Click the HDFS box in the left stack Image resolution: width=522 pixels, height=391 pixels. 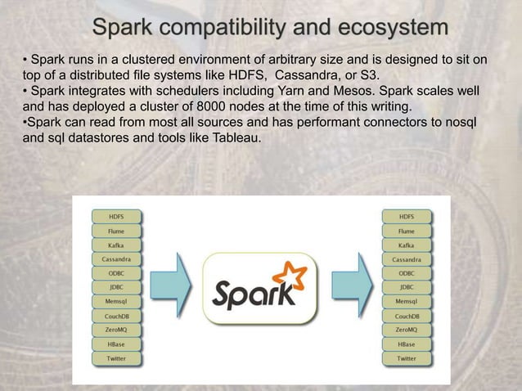tap(116, 217)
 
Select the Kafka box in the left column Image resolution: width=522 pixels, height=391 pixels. tap(116, 245)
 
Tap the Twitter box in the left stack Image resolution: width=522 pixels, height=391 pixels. tap(116, 358)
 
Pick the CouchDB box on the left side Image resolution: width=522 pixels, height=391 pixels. tap(116, 316)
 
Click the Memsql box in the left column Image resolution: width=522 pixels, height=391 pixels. tap(116, 302)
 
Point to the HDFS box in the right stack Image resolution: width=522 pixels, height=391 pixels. tap(407, 217)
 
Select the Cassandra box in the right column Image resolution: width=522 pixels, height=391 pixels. tap(407, 259)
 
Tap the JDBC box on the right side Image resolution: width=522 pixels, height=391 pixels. tap(407, 287)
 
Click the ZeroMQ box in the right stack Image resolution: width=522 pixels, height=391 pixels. tap(407, 330)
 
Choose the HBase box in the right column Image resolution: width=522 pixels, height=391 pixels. tap(407, 344)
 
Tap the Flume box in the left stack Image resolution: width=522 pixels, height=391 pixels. tap(116, 231)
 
